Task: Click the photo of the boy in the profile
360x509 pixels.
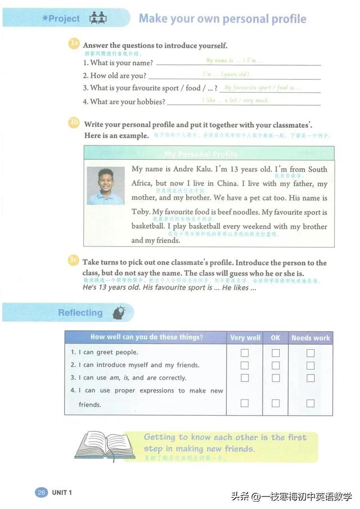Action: tap(106, 186)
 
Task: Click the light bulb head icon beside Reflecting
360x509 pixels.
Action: tap(119, 313)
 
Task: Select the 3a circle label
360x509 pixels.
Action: tap(74, 44)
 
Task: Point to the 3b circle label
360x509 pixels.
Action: tap(74, 123)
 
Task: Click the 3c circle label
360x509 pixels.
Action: tap(74, 260)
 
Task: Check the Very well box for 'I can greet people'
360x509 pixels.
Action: tap(245, 353)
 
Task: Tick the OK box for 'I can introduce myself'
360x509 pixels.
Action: tap(276, 366)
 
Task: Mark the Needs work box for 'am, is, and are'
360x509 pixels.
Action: tap(310, 378)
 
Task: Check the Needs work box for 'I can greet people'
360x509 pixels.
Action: tap(310, 353)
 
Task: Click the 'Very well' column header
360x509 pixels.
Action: tap(245, 337)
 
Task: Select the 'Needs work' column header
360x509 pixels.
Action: tap(310, 337)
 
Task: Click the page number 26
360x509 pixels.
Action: tap(41, 493)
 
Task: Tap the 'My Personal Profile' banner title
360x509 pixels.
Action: tap(201, 154)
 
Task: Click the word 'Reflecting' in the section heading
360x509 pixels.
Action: tap(80, 313)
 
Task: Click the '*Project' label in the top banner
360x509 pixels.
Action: tap(61, 19)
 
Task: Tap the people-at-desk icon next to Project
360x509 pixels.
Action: tap(98, 18)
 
